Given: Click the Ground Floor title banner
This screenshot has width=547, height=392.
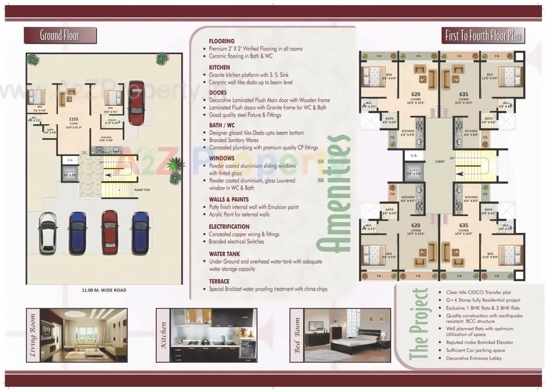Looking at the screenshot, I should coord(60,36).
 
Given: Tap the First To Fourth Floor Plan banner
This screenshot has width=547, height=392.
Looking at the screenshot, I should coord(483,36).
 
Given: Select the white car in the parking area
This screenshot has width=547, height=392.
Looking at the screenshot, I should coord(48,232).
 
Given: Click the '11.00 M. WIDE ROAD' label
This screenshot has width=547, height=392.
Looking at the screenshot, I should coord(104,290).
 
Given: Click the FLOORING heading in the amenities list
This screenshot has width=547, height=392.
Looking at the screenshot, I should coord(222,41).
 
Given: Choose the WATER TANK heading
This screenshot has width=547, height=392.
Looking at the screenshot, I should coord(225,254).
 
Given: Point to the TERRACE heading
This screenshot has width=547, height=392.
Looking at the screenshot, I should coord(219,281).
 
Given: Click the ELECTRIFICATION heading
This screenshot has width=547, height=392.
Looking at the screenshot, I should coord(229,226).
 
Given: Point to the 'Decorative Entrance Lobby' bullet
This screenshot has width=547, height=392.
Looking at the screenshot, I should coord(474,358).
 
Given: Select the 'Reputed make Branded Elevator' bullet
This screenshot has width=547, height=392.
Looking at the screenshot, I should coord(479,343).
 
